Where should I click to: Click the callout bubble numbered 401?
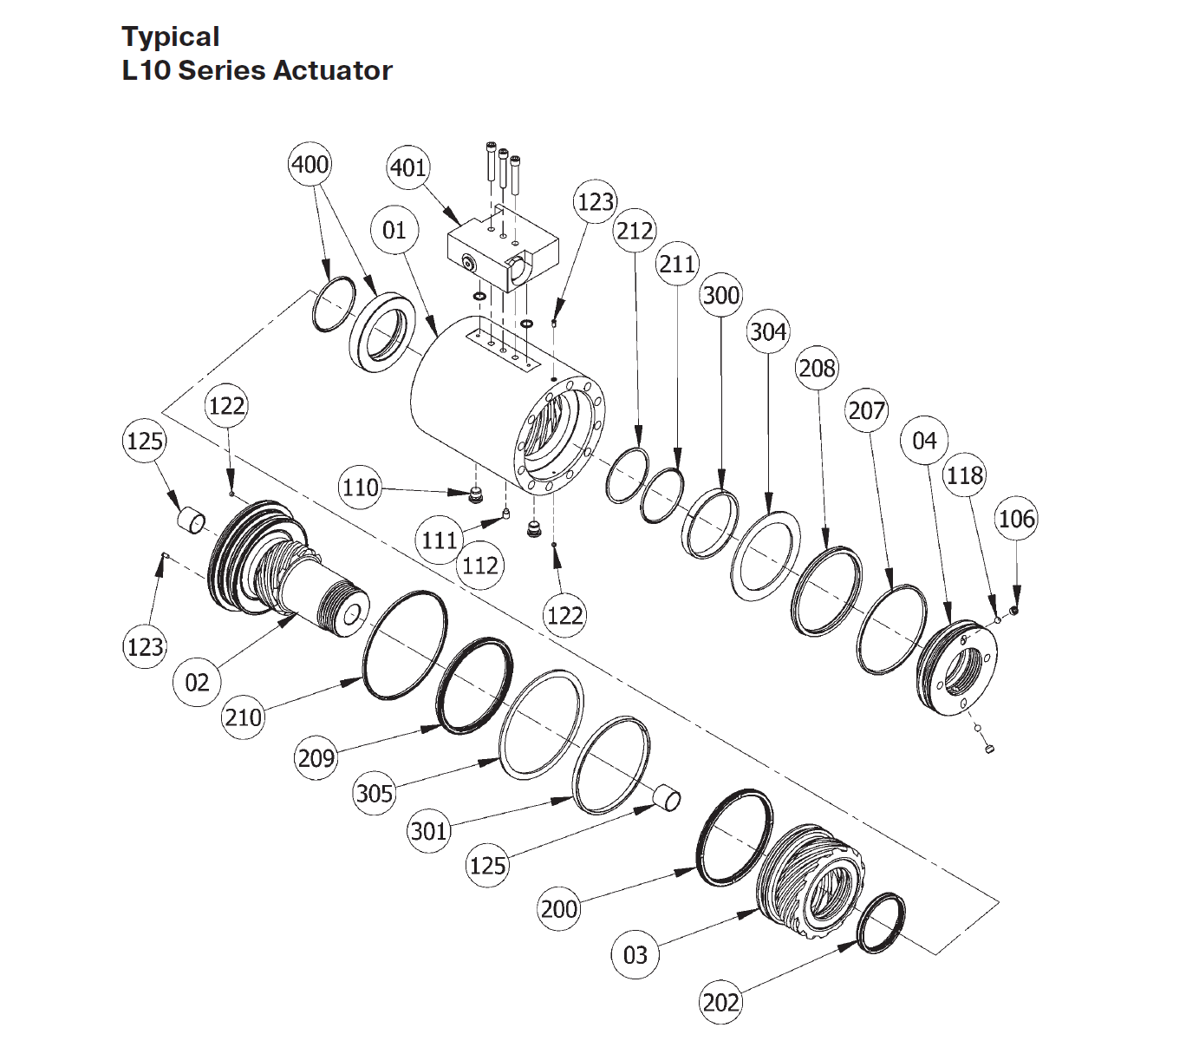point(407,167)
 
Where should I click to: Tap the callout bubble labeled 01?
point(394,230)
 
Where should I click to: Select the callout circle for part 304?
point(768,331)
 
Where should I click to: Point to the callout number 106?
point(1016,519)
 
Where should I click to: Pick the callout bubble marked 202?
point(720,1003)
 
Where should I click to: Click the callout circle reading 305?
point(375,793)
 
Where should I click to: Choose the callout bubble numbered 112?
point(479,566)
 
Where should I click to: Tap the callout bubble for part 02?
point(197,682)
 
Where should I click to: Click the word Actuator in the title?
point(333,70)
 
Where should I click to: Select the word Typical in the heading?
point(170,36)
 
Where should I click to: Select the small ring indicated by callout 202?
point(881,923)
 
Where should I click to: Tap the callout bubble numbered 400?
point(310,164)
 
